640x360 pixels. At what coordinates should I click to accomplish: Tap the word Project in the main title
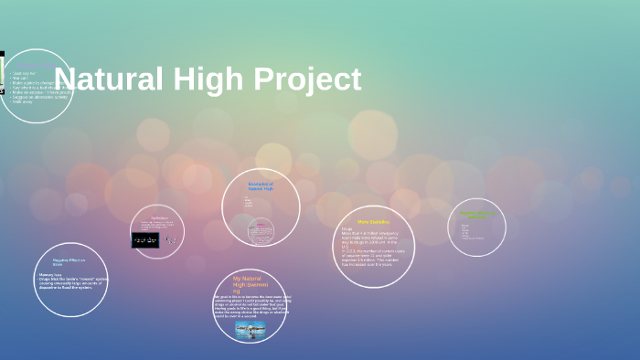[x=306, y=79]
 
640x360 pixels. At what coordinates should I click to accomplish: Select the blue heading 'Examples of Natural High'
[x=261, y=186]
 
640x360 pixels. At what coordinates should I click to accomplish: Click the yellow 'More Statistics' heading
[x=373, y=222]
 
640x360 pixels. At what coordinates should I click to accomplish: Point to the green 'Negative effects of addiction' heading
[x=475, y=216]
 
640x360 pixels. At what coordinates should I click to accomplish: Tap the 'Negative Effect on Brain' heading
[x=69, y=262]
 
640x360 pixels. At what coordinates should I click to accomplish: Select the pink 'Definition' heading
[x=158, y=217]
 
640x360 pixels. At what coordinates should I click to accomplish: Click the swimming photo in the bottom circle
[x=250, y=328]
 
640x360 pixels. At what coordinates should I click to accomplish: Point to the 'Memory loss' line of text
[x=50, y=274]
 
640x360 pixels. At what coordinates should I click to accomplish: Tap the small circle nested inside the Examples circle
[x=261, y=230]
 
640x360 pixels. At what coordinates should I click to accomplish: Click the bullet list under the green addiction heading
[x=473, y=232]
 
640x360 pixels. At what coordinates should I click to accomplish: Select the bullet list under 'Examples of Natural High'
[x=249, y=201]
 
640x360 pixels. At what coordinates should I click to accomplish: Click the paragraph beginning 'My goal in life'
[x=250, y=304]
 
